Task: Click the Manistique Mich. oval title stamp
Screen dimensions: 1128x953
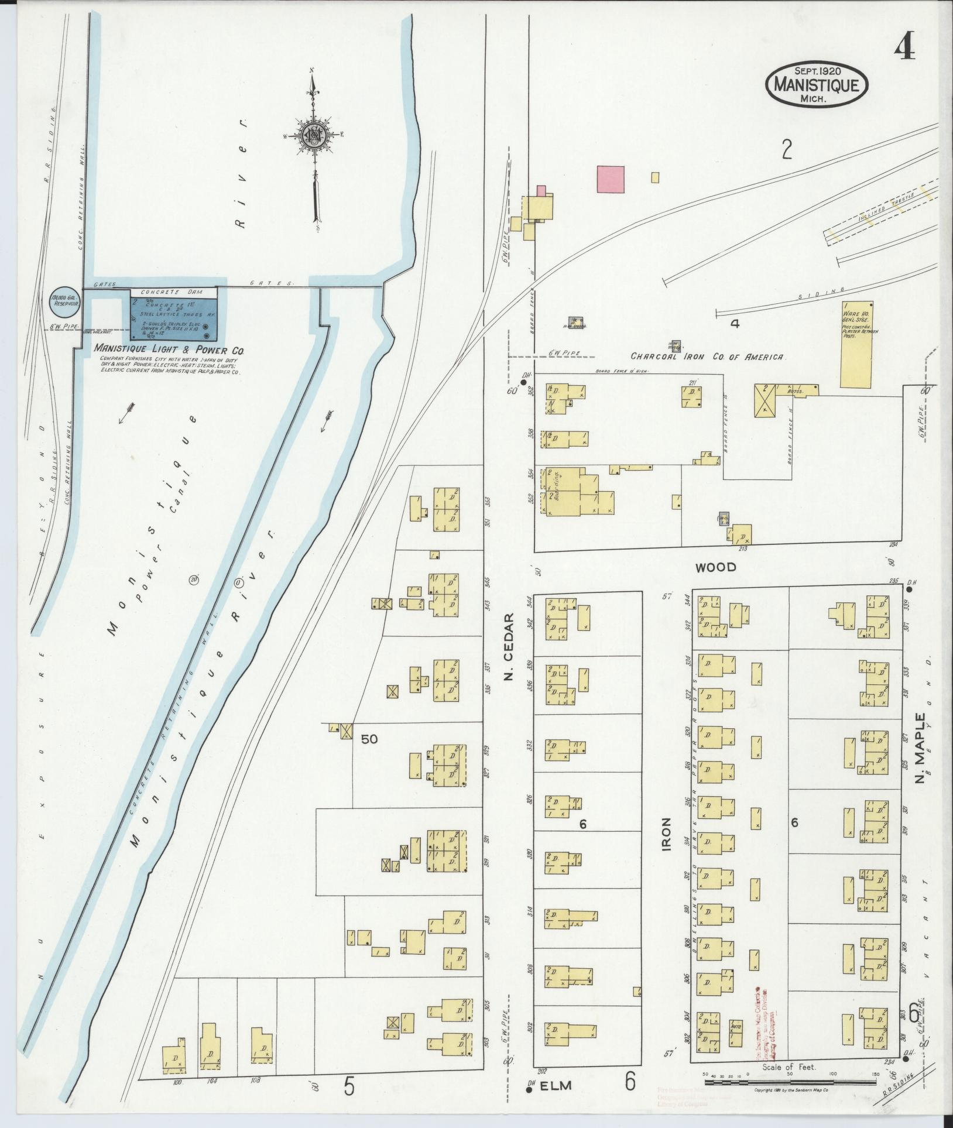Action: click(x=817, y=85)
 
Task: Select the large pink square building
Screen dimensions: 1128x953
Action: click(x=611, y=179)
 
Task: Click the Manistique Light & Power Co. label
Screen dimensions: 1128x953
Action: click(x=169, y=350)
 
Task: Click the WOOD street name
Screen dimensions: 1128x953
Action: click(x=715, y=567)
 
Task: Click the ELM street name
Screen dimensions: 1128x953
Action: click(x=560, y=1086)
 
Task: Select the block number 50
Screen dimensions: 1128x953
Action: click(x=369, y=739)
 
